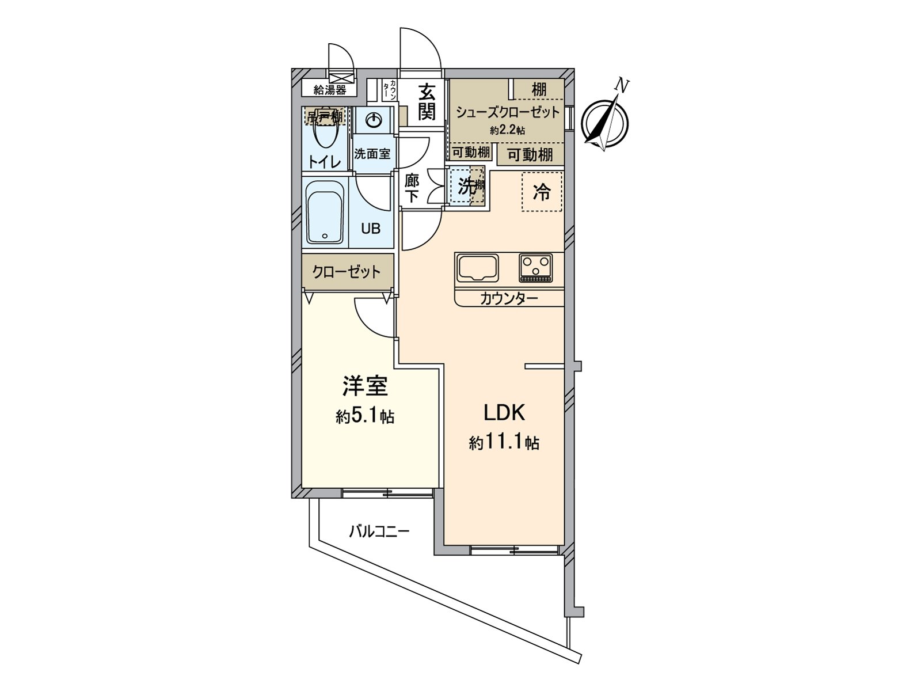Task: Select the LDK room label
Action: pos(504,413)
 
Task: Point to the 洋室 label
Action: pos(365,386)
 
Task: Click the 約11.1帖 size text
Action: pos(504,443)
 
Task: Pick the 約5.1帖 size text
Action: pos(365,416)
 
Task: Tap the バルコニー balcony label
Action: pos(379,530)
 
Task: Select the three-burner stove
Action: pos(536,268)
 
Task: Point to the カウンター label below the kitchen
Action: pos(509,298)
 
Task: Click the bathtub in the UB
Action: pos(325,213)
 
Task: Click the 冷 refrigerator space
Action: pos(542,192)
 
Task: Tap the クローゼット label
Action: pos(347,271)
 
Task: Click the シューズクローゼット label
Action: pos(508,112)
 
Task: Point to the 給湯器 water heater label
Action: pos(330,89)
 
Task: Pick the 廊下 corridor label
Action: pos(412,188)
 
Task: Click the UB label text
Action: pos(371,228)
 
